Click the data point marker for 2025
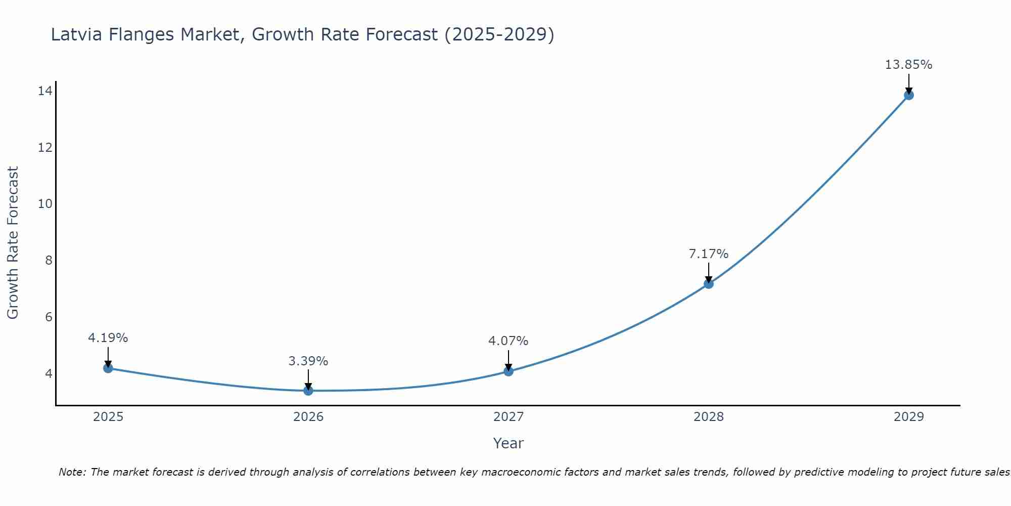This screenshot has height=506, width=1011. point(108,368)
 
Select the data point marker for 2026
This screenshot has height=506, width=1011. point(308,391)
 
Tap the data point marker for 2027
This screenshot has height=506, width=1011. point(509,371)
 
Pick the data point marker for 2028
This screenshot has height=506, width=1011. point(709,284)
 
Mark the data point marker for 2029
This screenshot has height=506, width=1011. point(909,95)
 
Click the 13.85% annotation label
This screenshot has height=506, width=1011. point(908,65)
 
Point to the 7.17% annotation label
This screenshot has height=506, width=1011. point(709,254)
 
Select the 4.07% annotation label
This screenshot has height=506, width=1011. point(508,341)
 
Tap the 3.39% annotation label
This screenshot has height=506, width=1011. point(308,361)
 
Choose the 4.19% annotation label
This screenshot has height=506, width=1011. point(108,338)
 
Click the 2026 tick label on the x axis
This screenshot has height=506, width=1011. point(308,417)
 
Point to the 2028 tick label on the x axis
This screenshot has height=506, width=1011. point(709,417)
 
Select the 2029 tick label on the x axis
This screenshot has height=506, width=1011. point(909,417)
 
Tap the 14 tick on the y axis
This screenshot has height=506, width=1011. point(45,91)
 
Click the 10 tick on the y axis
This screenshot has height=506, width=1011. point(45,204)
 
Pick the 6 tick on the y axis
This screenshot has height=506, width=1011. point(49,317)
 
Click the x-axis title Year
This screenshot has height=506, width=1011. point(508,443)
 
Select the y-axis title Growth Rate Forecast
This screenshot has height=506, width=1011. point(13,243)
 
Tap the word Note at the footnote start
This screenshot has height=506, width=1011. point(72,473)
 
